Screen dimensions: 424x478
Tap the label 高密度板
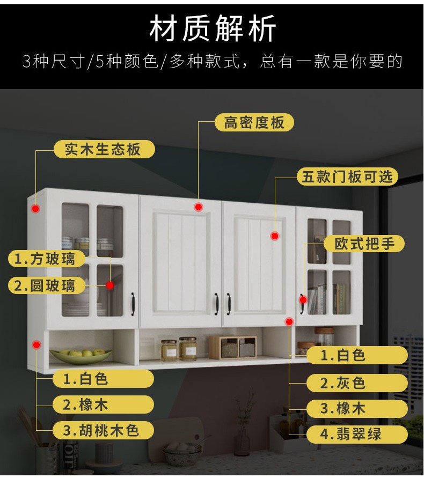254,122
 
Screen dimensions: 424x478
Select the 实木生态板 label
103,149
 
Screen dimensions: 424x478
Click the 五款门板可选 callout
347,177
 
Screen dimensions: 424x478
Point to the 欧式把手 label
364,244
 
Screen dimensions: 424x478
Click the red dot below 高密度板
198,207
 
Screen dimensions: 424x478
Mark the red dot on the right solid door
274,236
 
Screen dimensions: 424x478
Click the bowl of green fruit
82,355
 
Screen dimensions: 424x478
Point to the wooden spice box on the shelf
233,347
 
